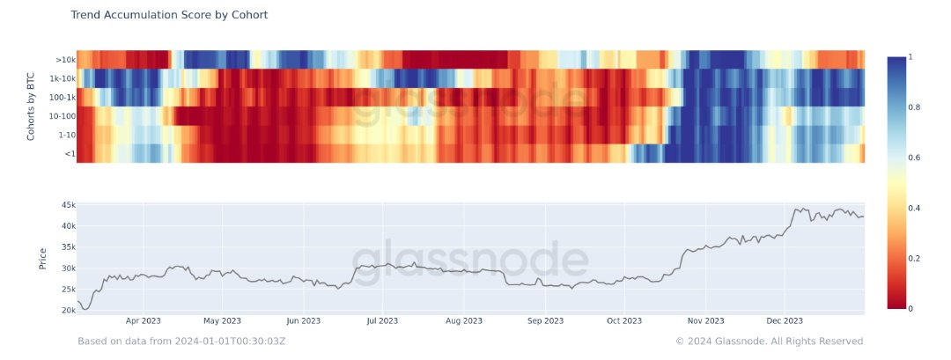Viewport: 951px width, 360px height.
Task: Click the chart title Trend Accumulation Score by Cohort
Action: click(169, 15)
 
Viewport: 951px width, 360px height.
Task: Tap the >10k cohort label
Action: click(65, 60)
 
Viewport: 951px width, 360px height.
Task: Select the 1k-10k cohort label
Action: click(62, 78)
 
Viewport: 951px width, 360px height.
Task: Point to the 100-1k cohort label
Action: click(61, 97)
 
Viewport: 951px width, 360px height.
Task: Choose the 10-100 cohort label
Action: click(62, 115)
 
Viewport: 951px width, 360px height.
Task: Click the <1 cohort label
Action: click(69, 153)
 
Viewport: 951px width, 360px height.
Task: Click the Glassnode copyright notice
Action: click(769, 342)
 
